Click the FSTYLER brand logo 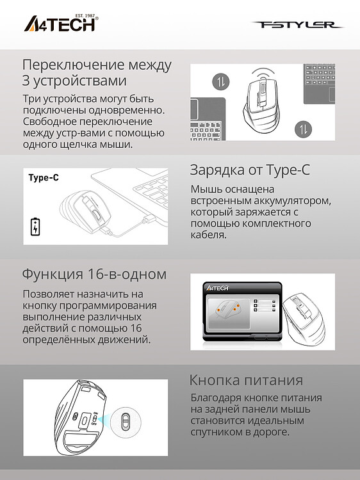point(298,25)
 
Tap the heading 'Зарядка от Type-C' point(250,170)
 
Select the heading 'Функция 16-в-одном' point(94,274)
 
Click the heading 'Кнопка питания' point(246,381)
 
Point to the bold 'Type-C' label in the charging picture point(44,178)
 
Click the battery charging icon point(35,227)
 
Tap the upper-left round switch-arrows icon point(219,82)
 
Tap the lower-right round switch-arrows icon point(303,130)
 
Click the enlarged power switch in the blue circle point(126,422)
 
